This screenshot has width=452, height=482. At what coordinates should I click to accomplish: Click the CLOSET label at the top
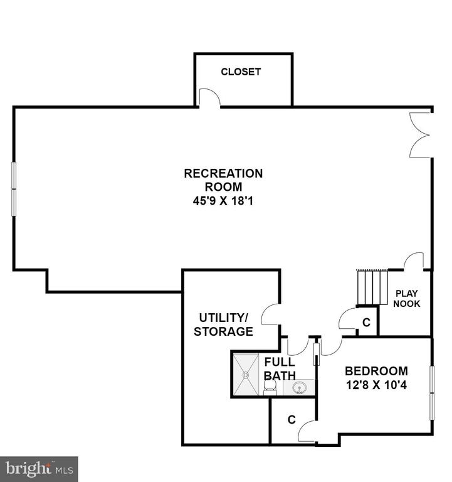tap(241, 72)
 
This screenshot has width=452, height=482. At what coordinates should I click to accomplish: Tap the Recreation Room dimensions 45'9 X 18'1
tap(223, 201)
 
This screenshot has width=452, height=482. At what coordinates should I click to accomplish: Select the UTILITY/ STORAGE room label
tap(224, 324)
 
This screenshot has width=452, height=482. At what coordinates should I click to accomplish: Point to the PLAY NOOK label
tap(407, 299)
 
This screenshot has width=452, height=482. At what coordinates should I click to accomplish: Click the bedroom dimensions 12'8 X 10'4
tap(377, 385)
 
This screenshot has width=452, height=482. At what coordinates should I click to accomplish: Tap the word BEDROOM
tap(377, 371)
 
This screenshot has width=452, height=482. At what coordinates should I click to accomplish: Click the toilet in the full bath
tap(270, 387)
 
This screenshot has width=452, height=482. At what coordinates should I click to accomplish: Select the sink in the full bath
tap(298, 388)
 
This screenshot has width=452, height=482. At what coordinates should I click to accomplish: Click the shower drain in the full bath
tap(246, 375)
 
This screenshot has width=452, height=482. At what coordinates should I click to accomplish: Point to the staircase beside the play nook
tap(372, 287)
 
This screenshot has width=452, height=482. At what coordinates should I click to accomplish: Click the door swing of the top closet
tap(210, 97)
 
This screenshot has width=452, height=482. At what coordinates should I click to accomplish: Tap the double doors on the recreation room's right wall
tap(420, 135)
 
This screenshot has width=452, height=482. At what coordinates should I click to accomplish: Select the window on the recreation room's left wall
tap(14, 189)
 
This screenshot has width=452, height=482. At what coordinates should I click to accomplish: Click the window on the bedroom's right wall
tap(432, 393)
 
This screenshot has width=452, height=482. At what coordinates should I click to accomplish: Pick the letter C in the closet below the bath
tap(292, 419)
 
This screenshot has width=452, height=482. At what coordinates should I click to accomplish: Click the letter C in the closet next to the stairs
tap(366, 322)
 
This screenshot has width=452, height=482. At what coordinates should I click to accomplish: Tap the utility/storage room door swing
tap(270, 314)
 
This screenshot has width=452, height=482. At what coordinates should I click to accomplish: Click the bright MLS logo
tap(39, 469)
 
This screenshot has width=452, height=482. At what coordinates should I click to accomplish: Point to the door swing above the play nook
tap(414, 261)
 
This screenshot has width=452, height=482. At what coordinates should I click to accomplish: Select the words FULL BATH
tap(280, 368)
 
